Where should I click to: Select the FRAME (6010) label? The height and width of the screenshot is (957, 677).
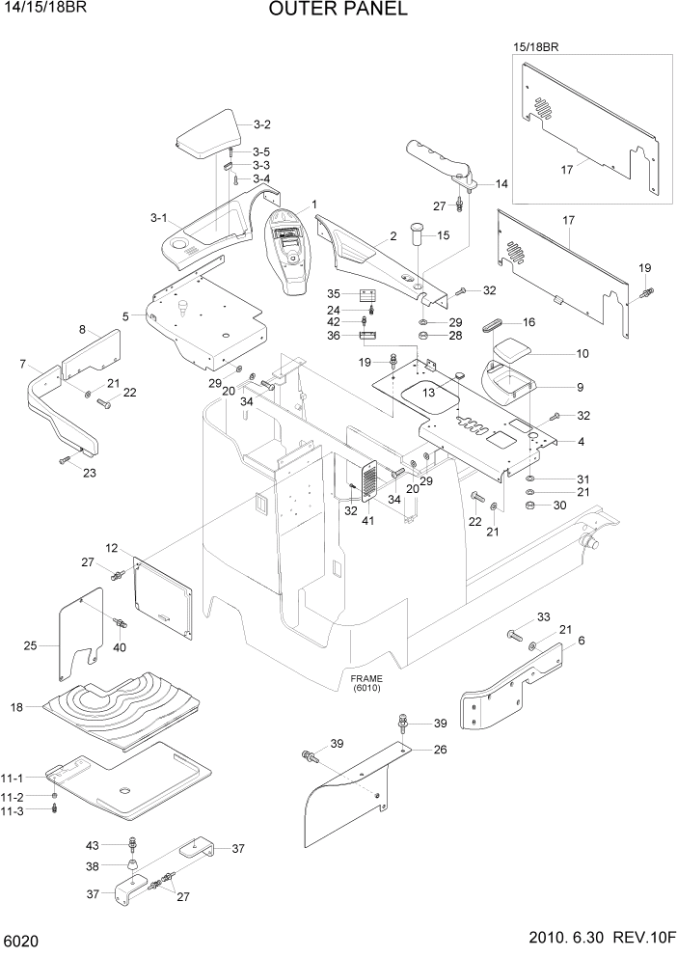pyautogui.click(x=366, y=684)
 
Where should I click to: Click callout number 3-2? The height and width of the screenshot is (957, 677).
pyautogui.click(x=261, y=124)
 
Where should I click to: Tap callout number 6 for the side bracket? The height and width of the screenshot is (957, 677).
pyautogui.click(x=581, y=641)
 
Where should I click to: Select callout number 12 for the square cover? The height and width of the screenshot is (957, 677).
pyautogui.click(x=112, y=549)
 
